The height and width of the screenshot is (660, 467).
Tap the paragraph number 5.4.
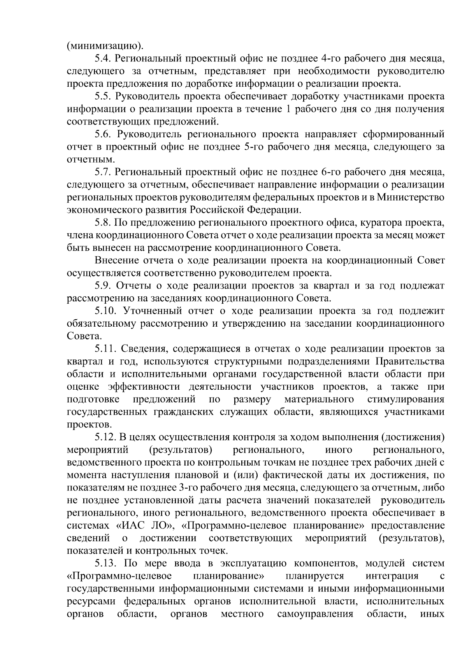click(x=103, y=59)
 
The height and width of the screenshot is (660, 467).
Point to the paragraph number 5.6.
click(x=103, y=135)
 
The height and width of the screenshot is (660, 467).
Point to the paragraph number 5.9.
click(x=103, y=285)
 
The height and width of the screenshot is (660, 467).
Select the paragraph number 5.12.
click(x=105, y=437)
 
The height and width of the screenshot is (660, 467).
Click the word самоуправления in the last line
click(x=315, y=614)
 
